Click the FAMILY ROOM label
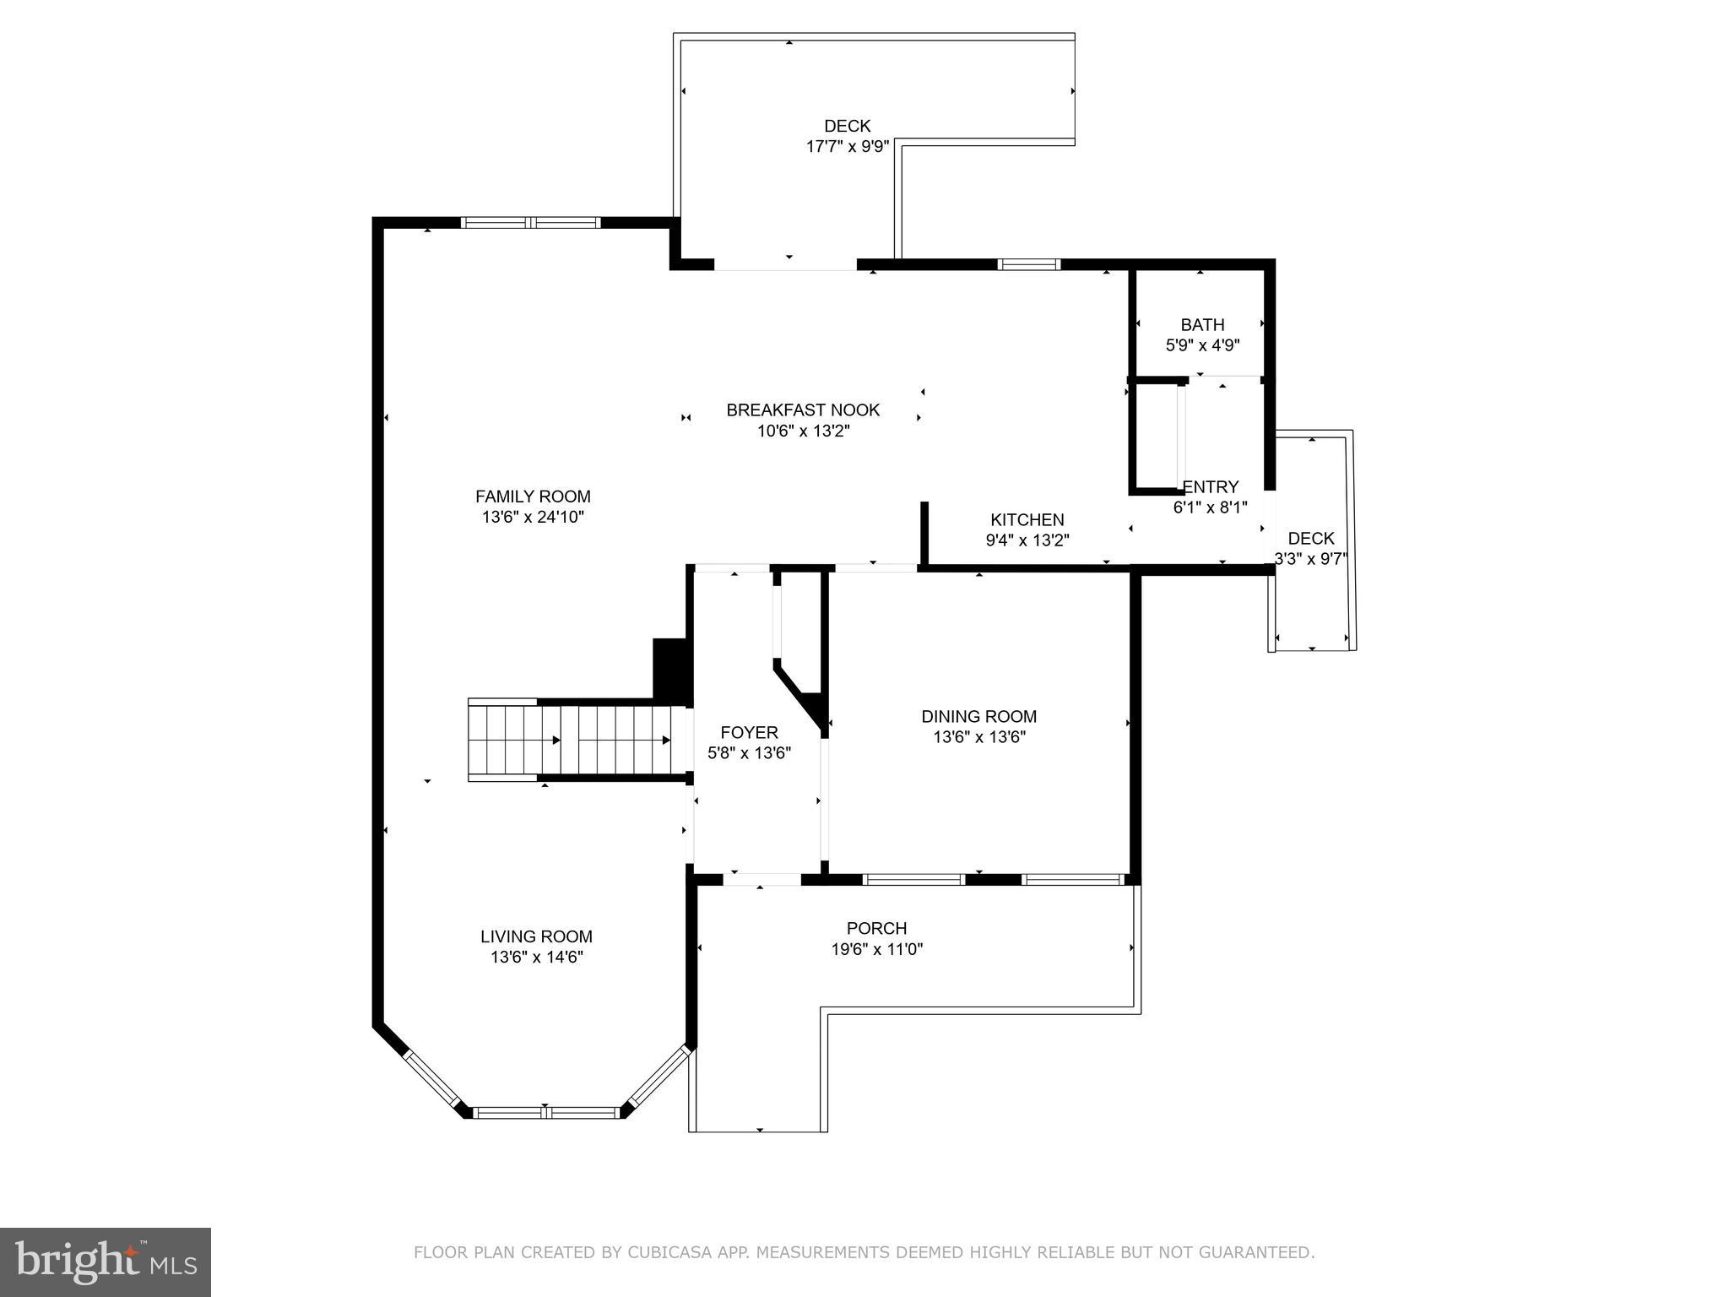pyautogui.click(x=533, y=497)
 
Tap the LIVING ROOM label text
pyautogui.click(x=536, y=936)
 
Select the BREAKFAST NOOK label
pyautogui.click(x=803, y=410)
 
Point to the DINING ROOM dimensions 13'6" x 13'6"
pyautogui.click(x=978, y=737)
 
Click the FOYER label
pyautogui.click(x=749, y=732)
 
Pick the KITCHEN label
pyautogui.click(x=1027, y=520)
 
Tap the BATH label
pyautogui.click(x=1202, y=325)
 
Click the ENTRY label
pyautogui.click(x=1211, y=487)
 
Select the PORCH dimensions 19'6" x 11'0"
pyautogui.click(x=876, y=949)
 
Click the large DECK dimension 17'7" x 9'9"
pyautogui.click(x=847, y=147)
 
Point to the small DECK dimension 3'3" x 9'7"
pyautogui.click(x=1310, y=558)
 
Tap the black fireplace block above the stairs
pyautogui.click(x=670, y=668)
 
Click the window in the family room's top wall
pyautogui.click(x=530, y=223)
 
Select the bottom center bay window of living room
pyautogui.click(x=546, y=1113)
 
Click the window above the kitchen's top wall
pyautogui.click(x=1028, y=264)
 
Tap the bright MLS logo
pyautogui.click(x=106, y=1261)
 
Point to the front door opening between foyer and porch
pyautogui.click(x=762, y=879)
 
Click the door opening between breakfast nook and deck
pyautogui.click(x=785, y=265)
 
